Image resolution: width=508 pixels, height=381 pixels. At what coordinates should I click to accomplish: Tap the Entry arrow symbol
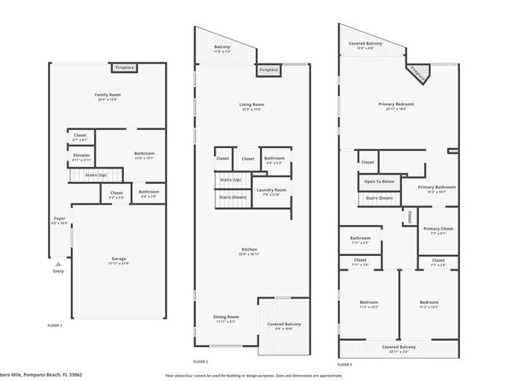(58, 264)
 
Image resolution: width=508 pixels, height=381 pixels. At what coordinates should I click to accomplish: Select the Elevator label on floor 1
(82, 156)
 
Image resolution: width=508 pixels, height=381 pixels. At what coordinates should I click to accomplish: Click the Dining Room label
(226, 318)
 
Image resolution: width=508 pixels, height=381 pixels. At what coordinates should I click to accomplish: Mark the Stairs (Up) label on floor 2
(230, 180)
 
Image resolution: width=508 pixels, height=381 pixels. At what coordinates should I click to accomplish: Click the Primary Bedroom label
(395, 106)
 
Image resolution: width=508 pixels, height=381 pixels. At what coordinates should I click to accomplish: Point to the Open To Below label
(379, 182)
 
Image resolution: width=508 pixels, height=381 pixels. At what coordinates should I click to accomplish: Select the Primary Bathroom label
(436, 188)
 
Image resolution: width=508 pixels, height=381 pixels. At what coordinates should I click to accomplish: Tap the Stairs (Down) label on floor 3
(379, 198)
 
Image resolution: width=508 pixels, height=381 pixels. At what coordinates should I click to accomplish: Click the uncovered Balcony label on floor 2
(222, 49)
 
